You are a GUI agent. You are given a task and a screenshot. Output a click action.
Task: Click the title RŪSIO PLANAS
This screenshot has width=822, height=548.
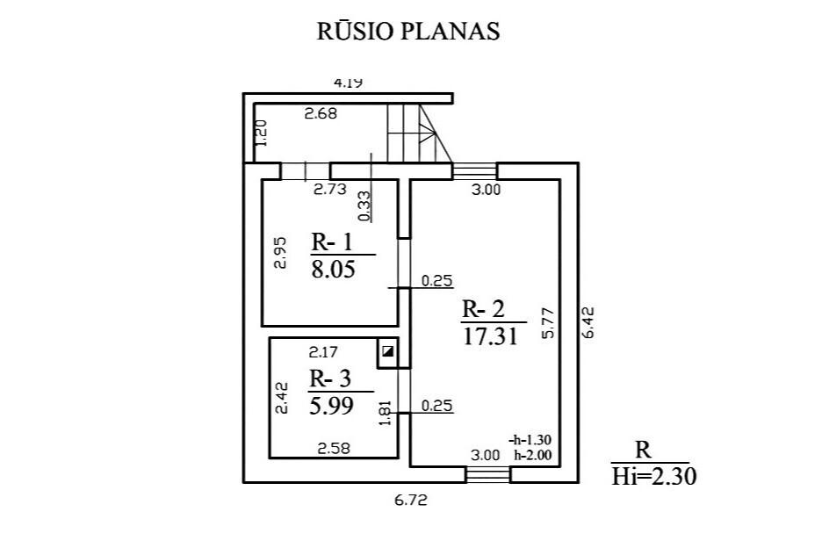tap(407, 31)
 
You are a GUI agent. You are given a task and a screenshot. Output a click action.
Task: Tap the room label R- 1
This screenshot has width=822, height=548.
tap(332, 242)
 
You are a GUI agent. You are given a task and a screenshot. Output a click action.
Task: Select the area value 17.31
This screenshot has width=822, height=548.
tap(490, 336)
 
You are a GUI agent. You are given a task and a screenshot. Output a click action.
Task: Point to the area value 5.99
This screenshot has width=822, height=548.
tap(331, 406)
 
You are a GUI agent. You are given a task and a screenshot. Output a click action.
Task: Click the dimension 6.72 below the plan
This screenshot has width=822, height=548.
tap(410, 500)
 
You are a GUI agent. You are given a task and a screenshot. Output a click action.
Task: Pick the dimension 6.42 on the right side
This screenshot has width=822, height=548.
tap(588, 322)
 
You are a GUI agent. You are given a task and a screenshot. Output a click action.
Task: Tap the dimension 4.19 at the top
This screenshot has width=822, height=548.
tap(349, 83)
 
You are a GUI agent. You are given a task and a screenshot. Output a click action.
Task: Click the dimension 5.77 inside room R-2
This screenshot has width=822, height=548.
tap(548, 323)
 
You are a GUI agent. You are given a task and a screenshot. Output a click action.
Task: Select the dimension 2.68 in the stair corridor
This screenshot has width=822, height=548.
tap(321, 113)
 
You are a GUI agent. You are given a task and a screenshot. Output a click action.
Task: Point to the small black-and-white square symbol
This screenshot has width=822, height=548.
tap(388, 351)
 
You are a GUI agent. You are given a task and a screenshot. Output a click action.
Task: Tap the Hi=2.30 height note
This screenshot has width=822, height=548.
tap(653, 477)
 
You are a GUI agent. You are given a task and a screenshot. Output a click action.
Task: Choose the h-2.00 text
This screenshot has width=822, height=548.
tap(532, 455)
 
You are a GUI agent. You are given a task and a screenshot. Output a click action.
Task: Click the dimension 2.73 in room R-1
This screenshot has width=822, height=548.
tap(329, 189)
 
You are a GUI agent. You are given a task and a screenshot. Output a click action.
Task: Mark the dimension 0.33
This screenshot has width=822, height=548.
tap(364, 206)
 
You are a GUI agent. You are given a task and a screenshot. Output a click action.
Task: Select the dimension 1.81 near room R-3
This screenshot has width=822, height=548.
tap(386, 414)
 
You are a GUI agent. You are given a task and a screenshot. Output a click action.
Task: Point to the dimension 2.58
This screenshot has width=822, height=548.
tap(334, 449)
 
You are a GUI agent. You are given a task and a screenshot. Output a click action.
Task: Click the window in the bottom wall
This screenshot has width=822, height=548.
tap(488, 475)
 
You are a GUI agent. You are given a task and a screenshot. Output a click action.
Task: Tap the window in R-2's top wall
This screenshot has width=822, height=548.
tap(474, 171)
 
